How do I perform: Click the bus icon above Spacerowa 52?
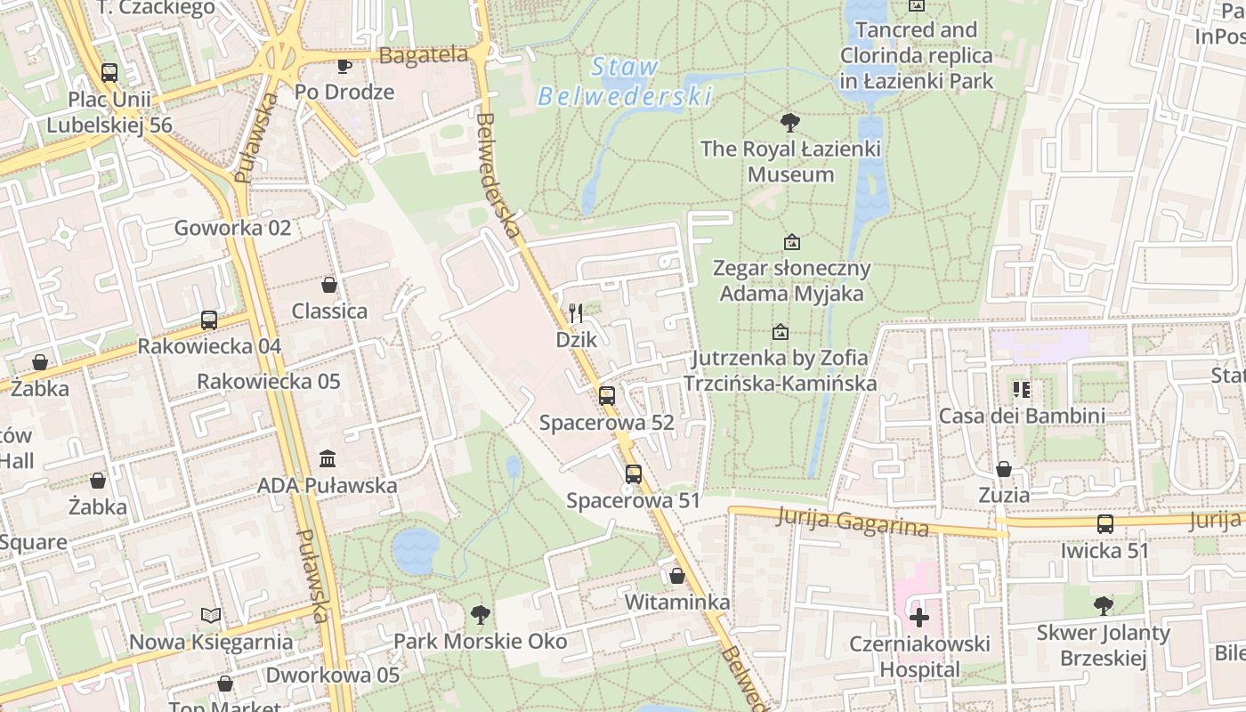tap(607, 396)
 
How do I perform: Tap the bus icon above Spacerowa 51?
tap(634, 474)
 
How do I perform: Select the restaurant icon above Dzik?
tap(576, 313)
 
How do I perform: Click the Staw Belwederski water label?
tap(625, 81)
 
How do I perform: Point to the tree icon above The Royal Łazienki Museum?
tap(789, 123)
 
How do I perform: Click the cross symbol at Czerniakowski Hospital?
tap(919, 617)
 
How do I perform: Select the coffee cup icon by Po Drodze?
tap(344, 65)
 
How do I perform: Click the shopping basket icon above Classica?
tap(329, 285)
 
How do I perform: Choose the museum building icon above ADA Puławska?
tap(328, 459)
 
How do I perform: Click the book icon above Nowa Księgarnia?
tap(211, 615)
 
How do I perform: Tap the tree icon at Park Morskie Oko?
tap(481, 614)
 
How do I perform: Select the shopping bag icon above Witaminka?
tap(677, 576)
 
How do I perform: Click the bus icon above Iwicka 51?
tap(1105, 524)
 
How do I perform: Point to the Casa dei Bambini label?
tap(1022, 416)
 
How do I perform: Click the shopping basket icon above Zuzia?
tap(1004, 469)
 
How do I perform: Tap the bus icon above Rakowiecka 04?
tap(209, 320)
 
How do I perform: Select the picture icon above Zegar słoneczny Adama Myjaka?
tap(791, 242)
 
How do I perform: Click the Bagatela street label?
tap(424, 55)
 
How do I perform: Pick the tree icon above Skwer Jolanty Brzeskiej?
tap(1104, 606)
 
